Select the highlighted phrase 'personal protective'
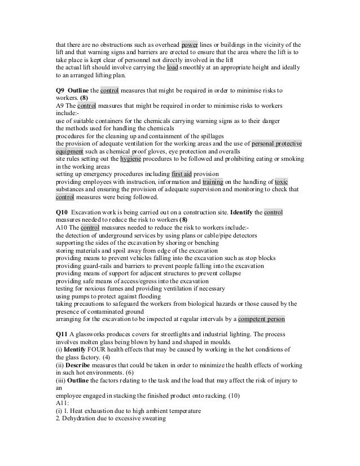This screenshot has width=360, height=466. tap(276, 144)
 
